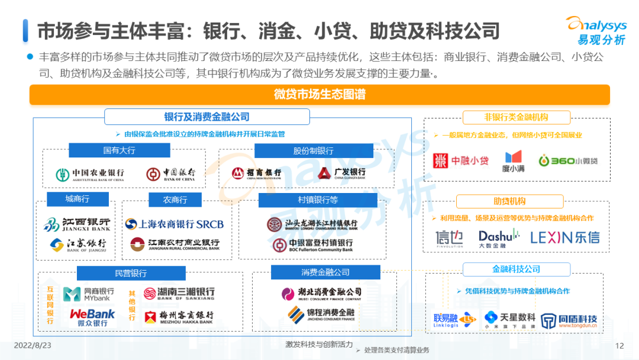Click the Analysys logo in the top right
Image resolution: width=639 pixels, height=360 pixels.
(597, 30)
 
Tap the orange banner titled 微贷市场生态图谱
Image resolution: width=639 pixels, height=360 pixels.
(319, 94)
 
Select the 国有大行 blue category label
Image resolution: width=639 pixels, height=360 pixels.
(119, 150)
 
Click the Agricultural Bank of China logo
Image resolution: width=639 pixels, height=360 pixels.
(90, 175)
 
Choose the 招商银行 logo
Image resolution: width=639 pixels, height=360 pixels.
(256, 173)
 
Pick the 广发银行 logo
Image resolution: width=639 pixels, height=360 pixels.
(341, 173)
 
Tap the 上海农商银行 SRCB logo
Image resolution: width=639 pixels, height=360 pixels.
(175, 224)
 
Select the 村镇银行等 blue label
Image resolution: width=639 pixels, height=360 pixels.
(318, 200)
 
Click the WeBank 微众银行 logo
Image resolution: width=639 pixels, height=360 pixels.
(92, 317)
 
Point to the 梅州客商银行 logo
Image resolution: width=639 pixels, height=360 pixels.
(179, 317)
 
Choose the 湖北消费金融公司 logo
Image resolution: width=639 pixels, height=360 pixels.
(321, 293)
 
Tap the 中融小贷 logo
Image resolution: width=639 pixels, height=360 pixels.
(461, 160)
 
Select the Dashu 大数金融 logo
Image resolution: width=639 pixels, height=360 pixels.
(499, 238)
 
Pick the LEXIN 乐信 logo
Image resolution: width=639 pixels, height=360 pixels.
(564, 237)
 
